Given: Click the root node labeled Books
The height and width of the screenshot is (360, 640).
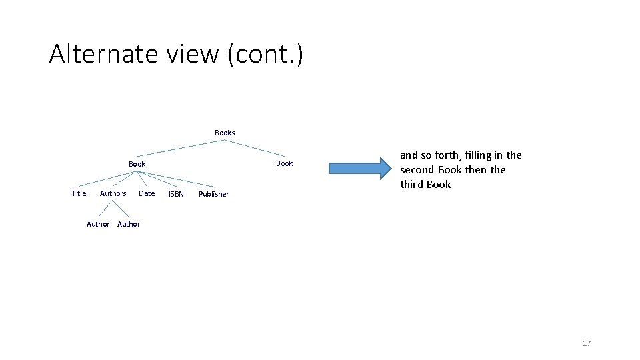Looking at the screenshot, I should coord(225,133).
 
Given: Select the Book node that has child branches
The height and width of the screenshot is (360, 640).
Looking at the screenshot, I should coord(137,164).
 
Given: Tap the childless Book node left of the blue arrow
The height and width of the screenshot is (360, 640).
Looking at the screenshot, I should coord(284,163).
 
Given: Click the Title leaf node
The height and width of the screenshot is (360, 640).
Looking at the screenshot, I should coord(79,193).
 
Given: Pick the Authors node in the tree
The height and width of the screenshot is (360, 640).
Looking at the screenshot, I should coord(113,193).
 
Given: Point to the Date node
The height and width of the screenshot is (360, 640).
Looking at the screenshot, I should coord(147,193).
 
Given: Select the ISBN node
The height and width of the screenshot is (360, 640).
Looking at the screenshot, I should coord(176,194).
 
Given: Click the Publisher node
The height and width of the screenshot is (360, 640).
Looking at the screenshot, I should coord(213,194).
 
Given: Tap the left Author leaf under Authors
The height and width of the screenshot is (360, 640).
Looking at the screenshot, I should coord(98,224).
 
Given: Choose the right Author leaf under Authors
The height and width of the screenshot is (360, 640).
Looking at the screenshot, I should coord(129,224).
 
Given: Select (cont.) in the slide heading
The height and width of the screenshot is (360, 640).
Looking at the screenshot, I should coord(265,53).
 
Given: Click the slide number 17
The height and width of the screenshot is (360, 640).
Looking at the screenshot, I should coord(587,343).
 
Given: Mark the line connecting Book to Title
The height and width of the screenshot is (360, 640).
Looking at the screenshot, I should coord(107,178).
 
